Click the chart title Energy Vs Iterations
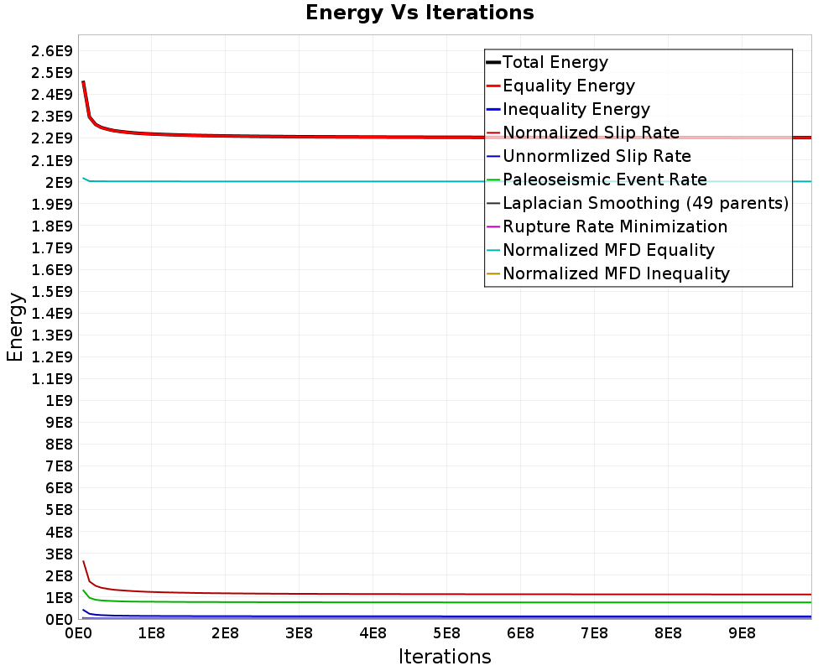click(419, 13)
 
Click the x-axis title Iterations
click(445, 656)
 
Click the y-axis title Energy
click(15, 327)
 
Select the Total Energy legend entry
click(547, 62)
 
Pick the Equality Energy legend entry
click(560, 86)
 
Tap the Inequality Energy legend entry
click(568, 109)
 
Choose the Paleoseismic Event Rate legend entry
click(597, 179)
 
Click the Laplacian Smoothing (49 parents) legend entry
click(638, 203)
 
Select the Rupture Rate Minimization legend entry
click(607, 226)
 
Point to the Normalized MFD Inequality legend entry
click(607, 273)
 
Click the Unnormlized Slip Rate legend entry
click(589, 156)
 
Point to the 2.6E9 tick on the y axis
click(51, 51)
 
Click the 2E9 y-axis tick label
click(59, 183)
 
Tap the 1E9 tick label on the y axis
click(59, 401)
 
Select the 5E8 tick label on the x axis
click(446, 633)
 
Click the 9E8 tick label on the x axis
click(742, 633)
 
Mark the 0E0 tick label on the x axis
click(78, 633)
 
